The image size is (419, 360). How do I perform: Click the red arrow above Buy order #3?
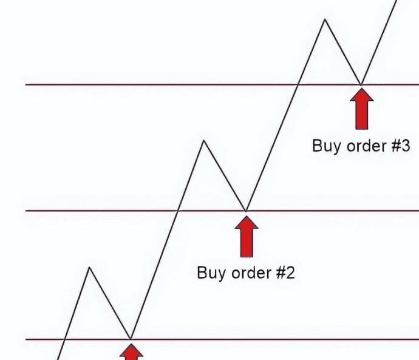pyautogui.click(x=362, y=109)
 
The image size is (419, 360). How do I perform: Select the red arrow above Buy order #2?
pyautogui.click(x=246, y=236)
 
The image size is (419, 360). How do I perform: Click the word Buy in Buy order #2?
pyautogui.click(x=209, y=272)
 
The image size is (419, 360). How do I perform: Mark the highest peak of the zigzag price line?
pyautogui.click(x=325, y=19)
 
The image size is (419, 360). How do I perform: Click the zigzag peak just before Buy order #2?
pyautogui.click(x=204, y=141)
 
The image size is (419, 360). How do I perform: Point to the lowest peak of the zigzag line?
pyautogui.click(x=90, y=267)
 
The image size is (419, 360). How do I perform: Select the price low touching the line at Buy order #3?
pyautogui.click(x=362, y=84)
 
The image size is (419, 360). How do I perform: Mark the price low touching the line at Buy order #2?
pyautogui.click(x=246, y=210)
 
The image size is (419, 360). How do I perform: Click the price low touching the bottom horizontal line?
pyautogui.click(x=131, y=338)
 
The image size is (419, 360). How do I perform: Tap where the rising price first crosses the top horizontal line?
pyautogui.click(x=298, y=84)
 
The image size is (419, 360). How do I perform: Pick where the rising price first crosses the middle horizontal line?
pyautogui.click(x=178, y=211)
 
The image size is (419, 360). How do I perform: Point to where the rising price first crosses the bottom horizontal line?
pyautogui.click(x=64, y=339)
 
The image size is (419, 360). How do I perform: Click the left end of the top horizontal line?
pyautogui.click(x=26, y=84)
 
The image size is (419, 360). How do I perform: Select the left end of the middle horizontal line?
pyautogui.click(x=26, y=211)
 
